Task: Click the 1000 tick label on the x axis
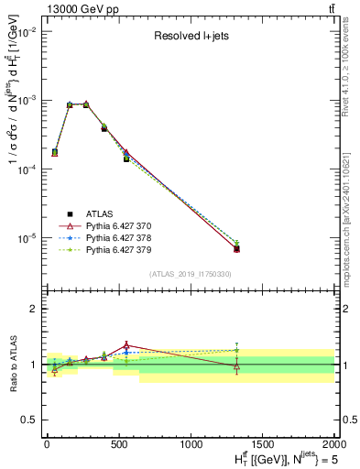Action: click(191, 442)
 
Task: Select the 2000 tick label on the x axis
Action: click(334, 442)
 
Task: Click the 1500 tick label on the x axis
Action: click(263, 442)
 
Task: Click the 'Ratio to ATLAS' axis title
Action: click(10, 364)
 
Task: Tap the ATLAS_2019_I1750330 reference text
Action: click(191, 274)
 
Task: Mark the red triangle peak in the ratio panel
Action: click(126, 345)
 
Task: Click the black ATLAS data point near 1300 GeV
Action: click(236, 248)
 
